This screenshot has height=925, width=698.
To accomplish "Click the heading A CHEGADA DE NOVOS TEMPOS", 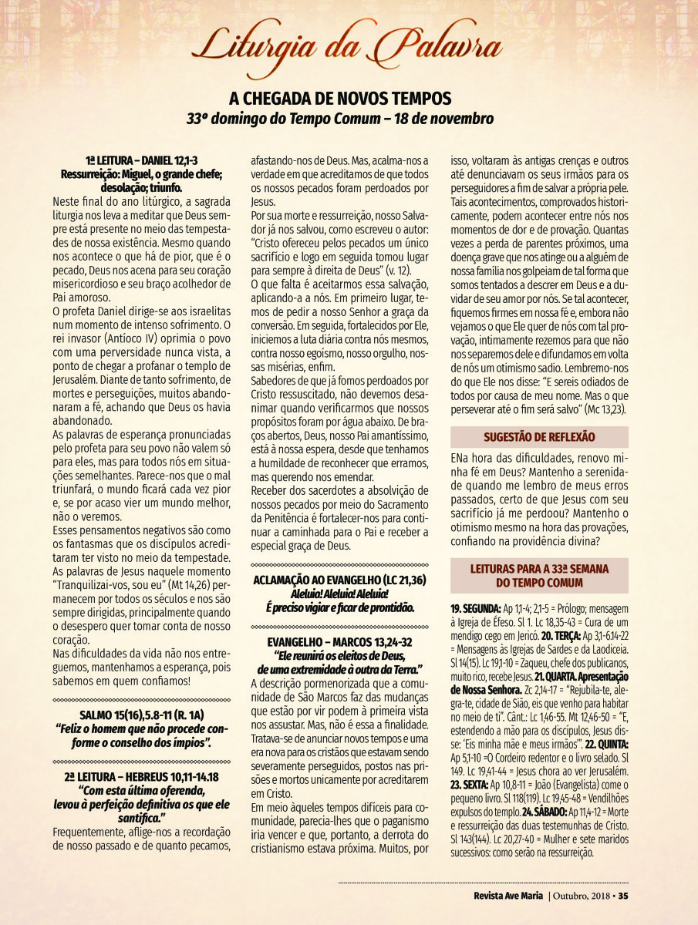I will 340,99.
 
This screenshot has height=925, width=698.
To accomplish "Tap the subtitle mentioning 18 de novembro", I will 340,119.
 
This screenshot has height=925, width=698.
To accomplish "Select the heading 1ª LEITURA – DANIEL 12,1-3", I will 141,160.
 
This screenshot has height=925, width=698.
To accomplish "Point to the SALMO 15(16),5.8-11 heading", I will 141,715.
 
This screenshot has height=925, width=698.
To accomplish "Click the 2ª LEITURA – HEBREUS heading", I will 141,778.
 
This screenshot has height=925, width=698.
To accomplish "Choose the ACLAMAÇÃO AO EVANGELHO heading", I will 340,579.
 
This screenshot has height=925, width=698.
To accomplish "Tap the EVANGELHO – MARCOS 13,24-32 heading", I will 340,641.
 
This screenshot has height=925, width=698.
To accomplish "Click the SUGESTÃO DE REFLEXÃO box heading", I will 539,436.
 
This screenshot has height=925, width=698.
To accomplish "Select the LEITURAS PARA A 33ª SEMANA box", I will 539,575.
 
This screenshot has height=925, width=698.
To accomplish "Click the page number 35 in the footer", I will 623,895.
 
